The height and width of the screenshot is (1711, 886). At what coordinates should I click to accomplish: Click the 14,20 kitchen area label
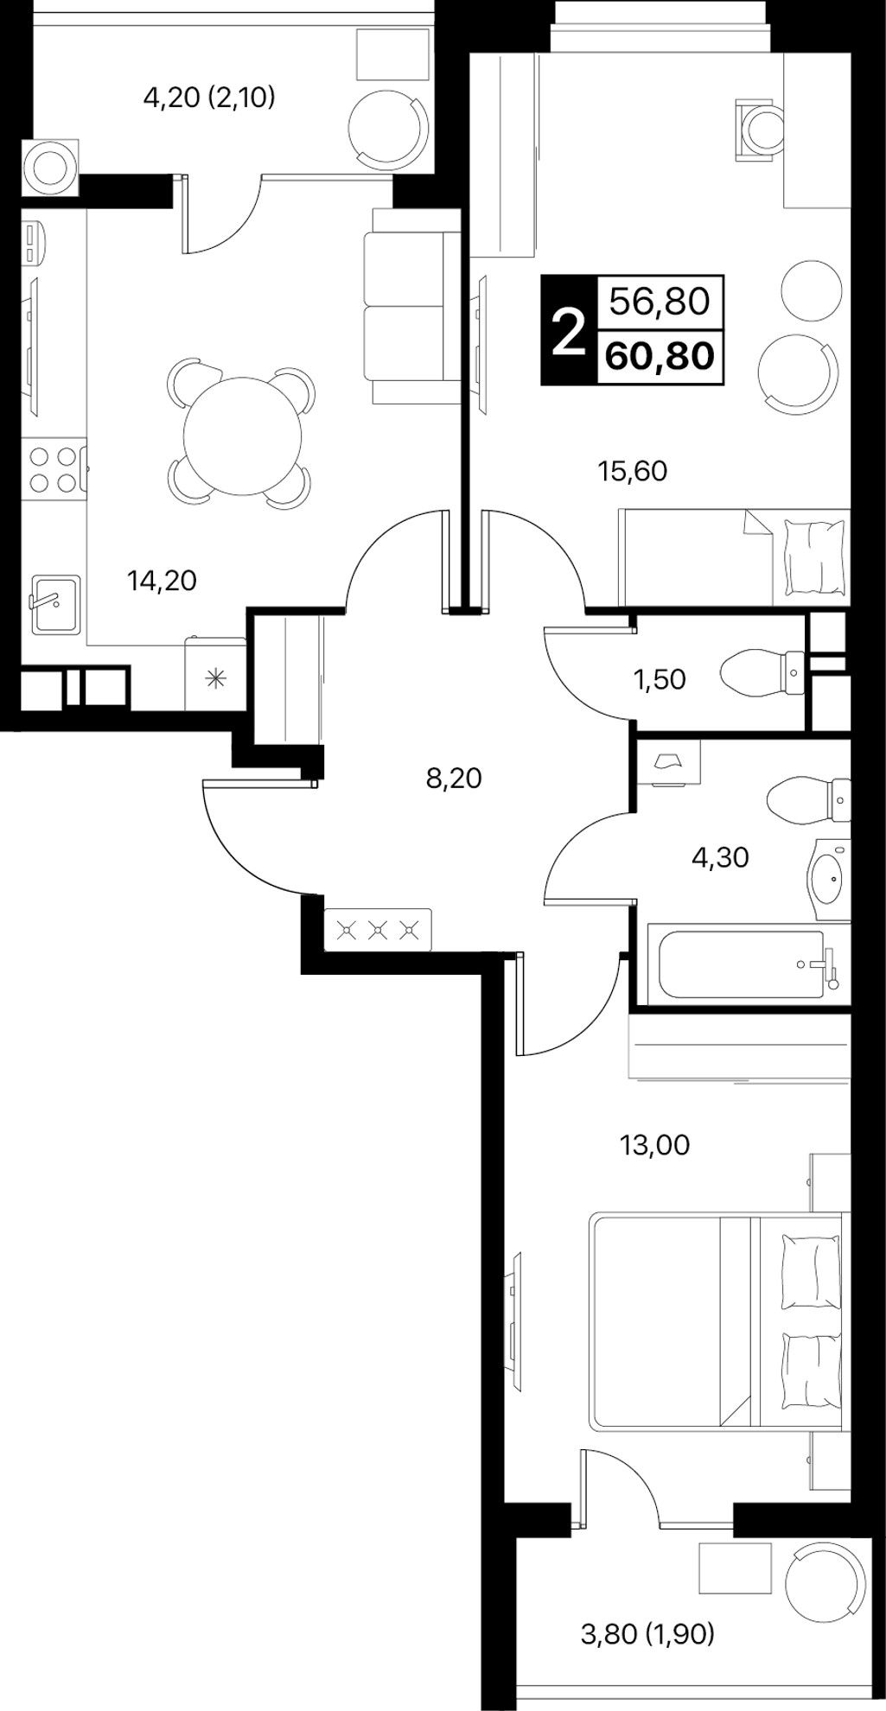(162, 581)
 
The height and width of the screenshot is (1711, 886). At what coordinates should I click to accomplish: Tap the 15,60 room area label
(633, 471)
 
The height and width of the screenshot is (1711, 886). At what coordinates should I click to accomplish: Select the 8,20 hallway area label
(454, 779)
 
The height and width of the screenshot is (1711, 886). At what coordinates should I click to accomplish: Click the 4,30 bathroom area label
(720, 857)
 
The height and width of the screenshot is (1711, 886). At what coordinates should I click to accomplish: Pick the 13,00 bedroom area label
(655, 1145)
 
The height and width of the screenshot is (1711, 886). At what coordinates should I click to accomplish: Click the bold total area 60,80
(660, 355)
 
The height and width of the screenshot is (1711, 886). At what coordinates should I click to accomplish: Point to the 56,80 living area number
(660, 302)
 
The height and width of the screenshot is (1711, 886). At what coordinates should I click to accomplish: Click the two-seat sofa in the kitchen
(413, 306)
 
